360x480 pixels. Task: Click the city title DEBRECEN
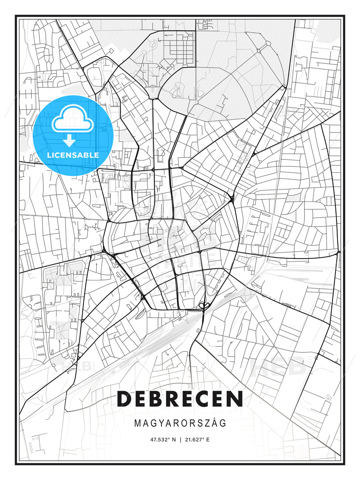pos(180,399)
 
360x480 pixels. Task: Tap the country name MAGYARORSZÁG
pos(180,423)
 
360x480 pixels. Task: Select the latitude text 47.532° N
pos(163,440)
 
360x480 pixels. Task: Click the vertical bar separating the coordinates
pos(180,440)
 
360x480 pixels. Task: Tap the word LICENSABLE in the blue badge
pos(73,155)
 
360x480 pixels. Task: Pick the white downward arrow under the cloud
pos(69,141)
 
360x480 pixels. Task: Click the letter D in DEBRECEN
pos(124,399)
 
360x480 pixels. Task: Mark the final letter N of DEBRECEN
pos(235,399)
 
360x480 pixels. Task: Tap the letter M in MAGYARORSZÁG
pos(137,423)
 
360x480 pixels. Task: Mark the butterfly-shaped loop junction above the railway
pos(204,305)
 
